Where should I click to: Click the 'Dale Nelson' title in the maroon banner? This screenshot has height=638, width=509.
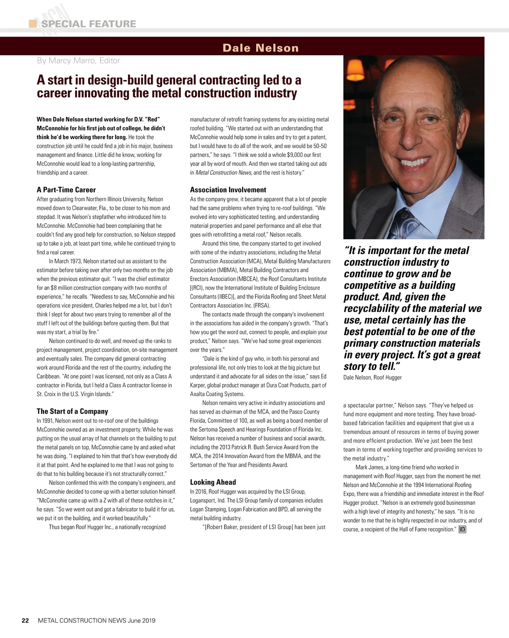coord(260,48)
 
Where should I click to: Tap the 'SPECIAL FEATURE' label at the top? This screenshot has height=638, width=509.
coord(89,24)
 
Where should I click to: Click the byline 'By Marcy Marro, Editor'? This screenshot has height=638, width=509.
coord(78,61)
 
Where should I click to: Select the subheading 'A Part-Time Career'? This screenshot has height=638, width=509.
coord(66,190)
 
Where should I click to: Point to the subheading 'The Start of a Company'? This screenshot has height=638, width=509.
coord(72,411)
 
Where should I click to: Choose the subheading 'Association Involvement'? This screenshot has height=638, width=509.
coord(228,190)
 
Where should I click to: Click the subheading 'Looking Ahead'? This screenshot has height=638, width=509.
coord(213,482)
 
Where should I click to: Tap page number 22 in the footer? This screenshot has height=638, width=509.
coord(25,620)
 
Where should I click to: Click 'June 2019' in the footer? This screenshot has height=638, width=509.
coord(142,620)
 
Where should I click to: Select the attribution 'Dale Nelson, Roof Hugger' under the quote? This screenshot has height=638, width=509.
coord(372,378)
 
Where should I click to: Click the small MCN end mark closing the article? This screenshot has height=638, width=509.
coord(462,529)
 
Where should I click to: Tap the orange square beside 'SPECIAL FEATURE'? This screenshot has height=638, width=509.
coord(33,24)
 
